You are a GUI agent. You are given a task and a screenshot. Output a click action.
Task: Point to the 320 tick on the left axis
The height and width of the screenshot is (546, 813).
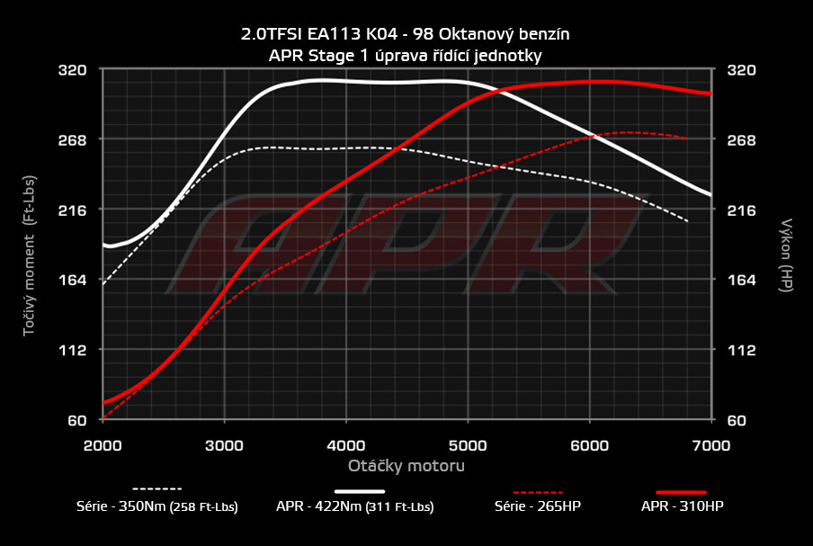73,69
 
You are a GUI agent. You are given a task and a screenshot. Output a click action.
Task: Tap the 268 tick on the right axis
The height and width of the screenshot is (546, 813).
743,139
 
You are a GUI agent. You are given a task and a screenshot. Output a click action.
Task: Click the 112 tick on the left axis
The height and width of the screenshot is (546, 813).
73,350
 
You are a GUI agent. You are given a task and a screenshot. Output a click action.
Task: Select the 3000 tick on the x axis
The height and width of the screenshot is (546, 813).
225,443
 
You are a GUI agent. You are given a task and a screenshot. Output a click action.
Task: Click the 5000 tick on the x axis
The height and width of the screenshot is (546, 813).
468,443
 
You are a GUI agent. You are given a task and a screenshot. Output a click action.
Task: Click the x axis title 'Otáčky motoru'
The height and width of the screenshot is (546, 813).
406,466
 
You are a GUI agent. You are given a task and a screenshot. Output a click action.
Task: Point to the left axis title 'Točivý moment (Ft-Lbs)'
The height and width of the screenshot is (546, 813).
30,245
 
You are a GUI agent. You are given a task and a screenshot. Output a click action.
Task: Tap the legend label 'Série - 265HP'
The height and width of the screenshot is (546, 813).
538,506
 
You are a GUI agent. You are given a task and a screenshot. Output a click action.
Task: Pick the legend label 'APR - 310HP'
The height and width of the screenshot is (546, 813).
682,506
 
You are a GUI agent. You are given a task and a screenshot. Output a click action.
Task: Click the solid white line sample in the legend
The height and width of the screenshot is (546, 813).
359,491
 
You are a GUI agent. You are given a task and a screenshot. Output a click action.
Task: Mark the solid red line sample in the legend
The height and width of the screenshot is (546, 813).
682,491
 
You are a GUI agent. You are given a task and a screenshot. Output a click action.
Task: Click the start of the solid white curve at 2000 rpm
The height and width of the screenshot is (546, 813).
104,245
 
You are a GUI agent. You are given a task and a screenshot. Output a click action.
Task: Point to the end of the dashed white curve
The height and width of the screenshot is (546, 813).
688,221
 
